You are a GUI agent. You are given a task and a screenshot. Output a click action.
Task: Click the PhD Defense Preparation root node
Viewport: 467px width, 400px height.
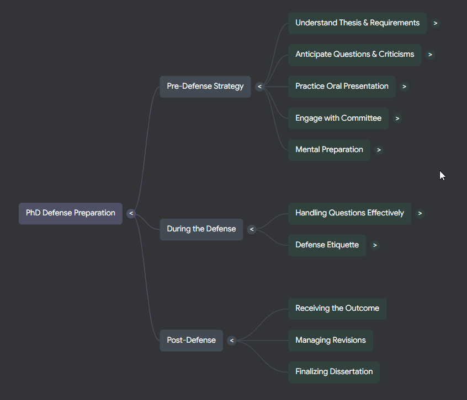point(71,213)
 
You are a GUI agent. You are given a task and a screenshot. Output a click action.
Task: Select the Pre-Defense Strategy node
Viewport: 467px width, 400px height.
point(205,87)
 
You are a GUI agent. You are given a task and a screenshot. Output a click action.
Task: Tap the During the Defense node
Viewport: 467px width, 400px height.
point(201,229)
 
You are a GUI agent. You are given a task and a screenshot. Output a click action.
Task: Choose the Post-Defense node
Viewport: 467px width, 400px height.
point(191,340)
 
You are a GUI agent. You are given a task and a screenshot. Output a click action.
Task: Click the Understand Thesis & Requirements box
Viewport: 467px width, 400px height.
point(357,23)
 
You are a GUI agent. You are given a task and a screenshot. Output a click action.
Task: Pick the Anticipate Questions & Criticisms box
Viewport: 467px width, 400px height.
point(354,55)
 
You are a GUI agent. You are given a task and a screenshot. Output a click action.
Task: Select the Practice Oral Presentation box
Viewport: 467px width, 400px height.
point(342,87)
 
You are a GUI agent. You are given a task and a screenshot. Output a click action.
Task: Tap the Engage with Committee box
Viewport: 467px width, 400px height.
point(338,118)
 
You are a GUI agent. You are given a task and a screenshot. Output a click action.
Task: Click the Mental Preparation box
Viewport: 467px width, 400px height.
point(329,150)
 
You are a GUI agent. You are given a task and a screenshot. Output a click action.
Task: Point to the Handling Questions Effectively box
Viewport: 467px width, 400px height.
point(349,213)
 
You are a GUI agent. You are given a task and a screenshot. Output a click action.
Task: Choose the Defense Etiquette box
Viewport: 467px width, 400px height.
point(327,245)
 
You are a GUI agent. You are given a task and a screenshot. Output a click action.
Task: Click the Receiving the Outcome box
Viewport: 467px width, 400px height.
point(337,309)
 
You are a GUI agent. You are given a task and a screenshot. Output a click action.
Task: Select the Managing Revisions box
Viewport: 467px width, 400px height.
point(330,340)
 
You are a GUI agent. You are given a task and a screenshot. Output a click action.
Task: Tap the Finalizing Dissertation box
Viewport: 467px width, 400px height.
point(333,372)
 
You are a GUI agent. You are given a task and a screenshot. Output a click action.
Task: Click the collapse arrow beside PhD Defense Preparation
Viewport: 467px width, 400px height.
point(131,213)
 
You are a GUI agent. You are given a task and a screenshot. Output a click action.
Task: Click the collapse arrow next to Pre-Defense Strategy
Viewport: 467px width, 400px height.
point(259,87)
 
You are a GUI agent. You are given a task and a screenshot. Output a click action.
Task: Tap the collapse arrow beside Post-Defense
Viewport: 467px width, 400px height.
point(232,340)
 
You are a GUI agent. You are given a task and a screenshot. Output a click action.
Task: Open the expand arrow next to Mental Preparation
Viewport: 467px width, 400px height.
point(379,150)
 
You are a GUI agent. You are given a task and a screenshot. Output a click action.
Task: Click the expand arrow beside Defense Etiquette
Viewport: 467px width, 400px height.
point(375,245)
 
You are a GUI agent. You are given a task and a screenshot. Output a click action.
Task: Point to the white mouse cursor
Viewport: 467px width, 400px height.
point(442,175)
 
